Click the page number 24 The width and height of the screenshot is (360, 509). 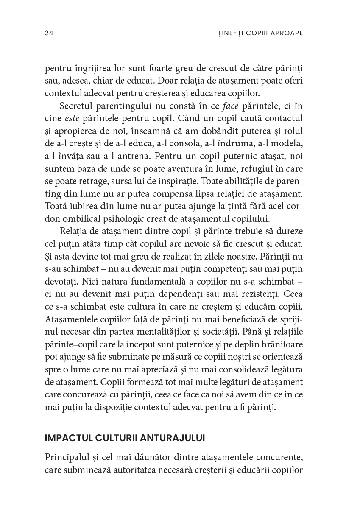(48, 33)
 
